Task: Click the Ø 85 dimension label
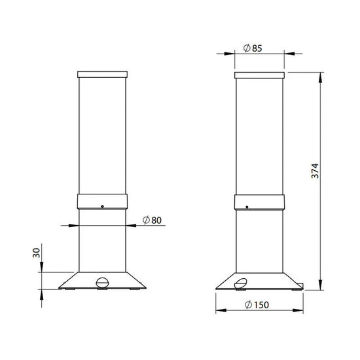pos(253,48)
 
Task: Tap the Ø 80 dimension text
pos(152,220)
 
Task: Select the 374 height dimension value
pos(315,171)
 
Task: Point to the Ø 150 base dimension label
pos(257,304)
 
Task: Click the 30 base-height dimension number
pos(36,253)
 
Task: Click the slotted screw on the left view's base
pos(102,282)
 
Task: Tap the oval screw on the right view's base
pos(241,283)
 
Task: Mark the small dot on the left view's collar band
pos(102,206)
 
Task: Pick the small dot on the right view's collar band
pos(247,207)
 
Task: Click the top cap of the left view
pos(102,75)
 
